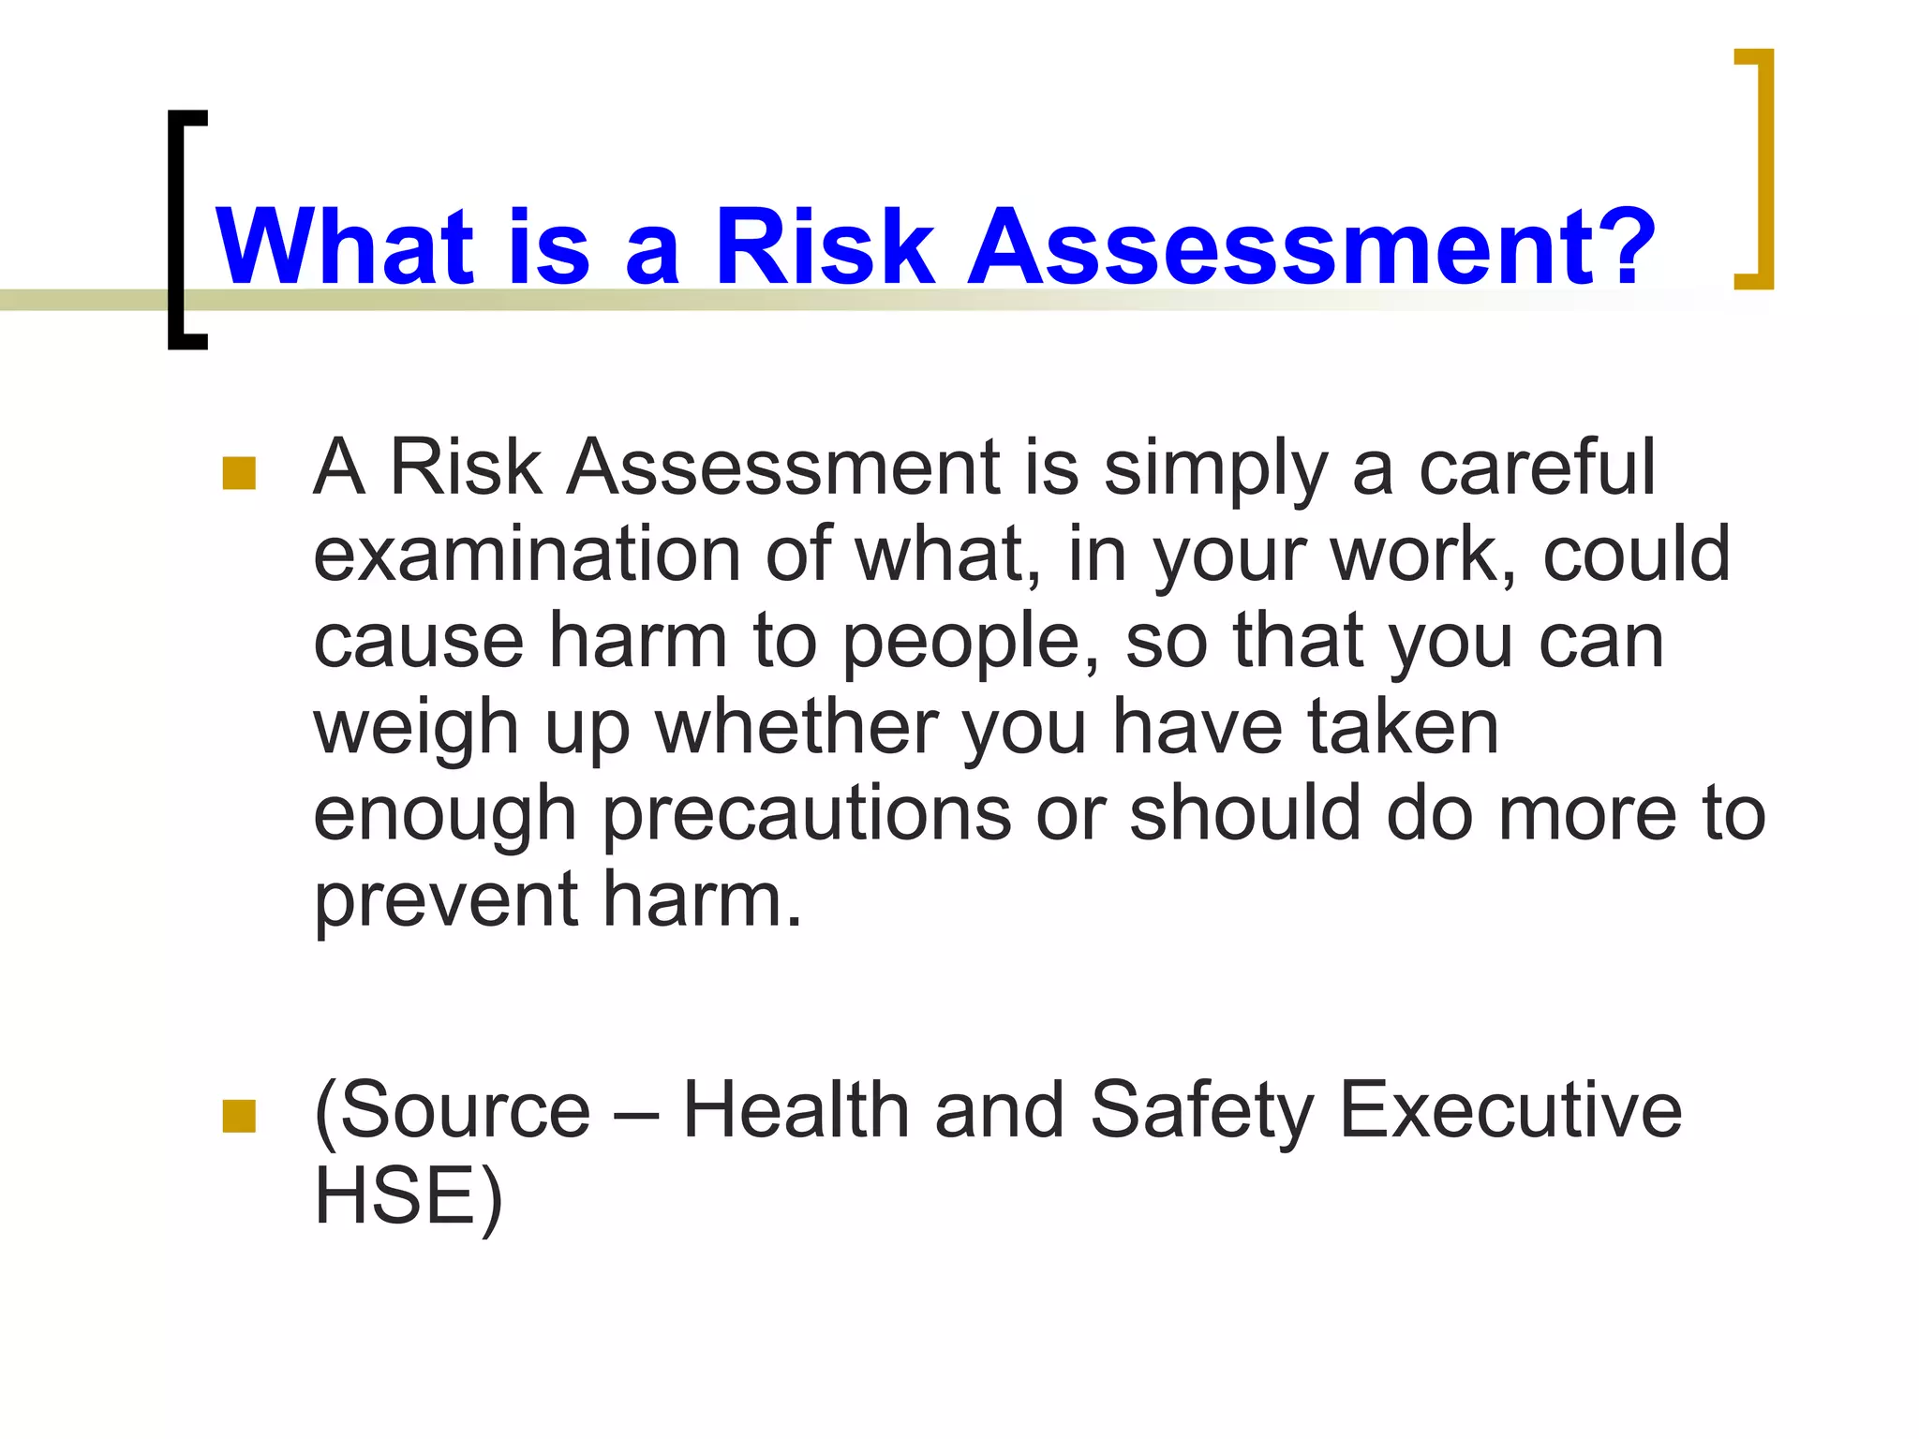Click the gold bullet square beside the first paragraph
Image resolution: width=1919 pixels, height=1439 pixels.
(x=239, y=473)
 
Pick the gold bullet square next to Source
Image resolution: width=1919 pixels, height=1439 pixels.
(x=239, y=1116)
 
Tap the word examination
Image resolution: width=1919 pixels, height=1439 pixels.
(x=526, y=554)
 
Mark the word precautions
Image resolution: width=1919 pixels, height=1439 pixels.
(x=807, y=814)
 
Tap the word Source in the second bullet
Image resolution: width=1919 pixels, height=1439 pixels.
(x=459, y=1111)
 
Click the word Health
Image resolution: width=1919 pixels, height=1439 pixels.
(x=796, y=1110)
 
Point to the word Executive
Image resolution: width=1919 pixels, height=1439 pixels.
(x=1510, y=1110)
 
